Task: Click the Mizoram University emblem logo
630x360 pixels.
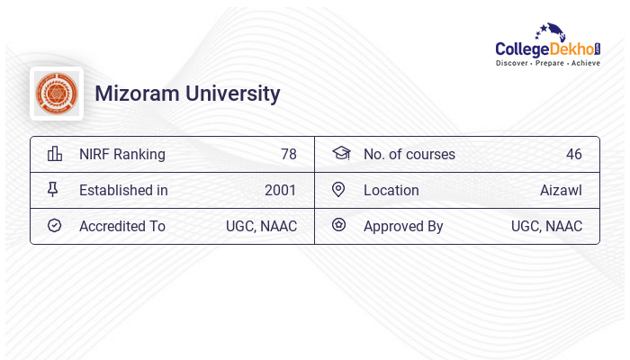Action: (57, 94)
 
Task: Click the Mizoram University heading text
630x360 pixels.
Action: (187, 94)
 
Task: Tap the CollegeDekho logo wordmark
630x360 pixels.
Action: (548, 49)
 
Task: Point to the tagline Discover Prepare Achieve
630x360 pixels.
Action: (548, 64)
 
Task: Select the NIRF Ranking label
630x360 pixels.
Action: (122, 154)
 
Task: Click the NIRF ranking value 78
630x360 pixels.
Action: (288, 154)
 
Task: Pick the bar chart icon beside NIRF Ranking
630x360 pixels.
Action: (55, 154)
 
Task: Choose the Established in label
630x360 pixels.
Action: (123, 190)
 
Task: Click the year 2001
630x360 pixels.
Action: (281, 190)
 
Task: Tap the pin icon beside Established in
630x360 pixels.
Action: (55, 190)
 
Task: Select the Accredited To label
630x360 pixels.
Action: (122, 226)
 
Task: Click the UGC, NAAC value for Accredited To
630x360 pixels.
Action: (261, 226)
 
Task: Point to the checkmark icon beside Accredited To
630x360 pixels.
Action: (55, 226)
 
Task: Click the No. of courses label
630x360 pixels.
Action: (409, 154)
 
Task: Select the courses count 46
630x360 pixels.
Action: (573, 154)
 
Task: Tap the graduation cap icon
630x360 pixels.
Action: (340, 154)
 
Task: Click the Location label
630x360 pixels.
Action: (391, 190)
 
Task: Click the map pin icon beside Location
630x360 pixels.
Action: (339, 190)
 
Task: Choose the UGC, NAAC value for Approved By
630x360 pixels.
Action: (546, 226)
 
